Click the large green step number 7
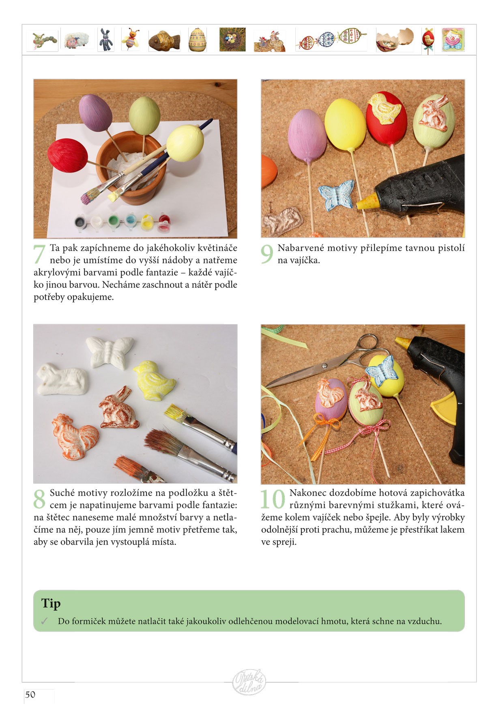click(39, 254)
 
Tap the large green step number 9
click(267, 254)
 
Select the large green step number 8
click(39, 499)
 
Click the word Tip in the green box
click(51, 604)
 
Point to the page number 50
click(30, 694)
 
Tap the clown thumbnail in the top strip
click(453, 39)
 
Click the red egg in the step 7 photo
click(67, 155)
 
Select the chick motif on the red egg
click(384, 107)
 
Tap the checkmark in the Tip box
click(44, 621)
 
